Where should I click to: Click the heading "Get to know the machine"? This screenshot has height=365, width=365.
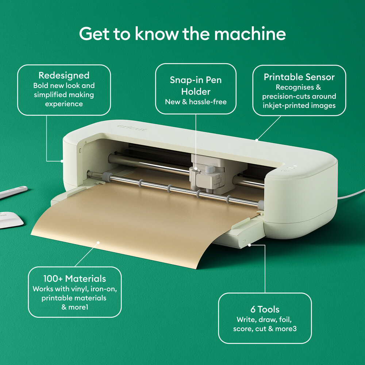[182, 34]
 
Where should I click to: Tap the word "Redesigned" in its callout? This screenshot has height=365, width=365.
[64, 76]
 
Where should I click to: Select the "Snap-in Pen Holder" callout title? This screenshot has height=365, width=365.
[196, 85]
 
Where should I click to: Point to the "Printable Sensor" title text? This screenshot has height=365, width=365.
[299, 77]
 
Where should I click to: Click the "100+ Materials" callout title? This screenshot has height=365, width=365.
[74, 278]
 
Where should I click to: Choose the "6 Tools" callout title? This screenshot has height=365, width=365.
[265, 310]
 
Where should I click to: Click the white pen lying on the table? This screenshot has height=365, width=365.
[13, 192]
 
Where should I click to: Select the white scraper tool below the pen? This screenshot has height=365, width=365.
[9, 219]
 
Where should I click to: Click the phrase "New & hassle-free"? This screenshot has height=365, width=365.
[196, 102]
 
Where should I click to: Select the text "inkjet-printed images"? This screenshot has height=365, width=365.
[299, 106]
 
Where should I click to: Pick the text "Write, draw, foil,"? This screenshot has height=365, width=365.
[265, 320]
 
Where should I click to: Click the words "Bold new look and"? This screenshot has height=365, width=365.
[64, 86]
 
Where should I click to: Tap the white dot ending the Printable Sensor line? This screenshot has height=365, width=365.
[257, 139]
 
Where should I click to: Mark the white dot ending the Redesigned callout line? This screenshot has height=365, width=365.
[62, 161]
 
